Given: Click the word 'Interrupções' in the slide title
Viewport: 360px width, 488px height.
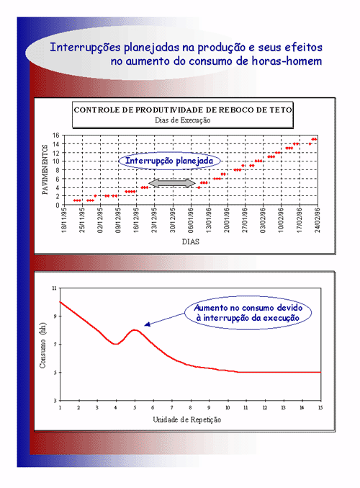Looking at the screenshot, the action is point(85,48).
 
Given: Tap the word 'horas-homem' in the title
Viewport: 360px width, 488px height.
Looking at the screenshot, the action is point(287,61).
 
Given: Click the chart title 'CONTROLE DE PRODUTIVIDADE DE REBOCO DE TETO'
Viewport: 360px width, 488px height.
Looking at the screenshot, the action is point(183,110).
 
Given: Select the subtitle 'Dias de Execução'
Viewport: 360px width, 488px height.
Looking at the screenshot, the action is point(183,120).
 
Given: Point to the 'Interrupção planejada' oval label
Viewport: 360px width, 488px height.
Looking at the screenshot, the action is point(169,161).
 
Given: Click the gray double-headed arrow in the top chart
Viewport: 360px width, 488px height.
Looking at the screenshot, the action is point(172,183).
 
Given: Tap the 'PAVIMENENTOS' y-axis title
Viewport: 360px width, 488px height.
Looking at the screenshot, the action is point(45,169).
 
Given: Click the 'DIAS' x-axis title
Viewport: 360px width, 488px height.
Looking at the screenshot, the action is point(191,241).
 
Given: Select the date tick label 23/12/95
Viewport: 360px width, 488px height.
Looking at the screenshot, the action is point(154,220).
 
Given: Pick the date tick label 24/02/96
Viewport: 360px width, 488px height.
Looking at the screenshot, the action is point(318,220).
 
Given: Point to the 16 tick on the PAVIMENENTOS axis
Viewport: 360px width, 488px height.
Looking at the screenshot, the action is point(56,136).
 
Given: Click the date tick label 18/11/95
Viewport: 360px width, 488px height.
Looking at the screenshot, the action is point(64,220).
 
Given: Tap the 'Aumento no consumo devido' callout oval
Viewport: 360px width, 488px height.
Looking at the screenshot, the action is point(248,312).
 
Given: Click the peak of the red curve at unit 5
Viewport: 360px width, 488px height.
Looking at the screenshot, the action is point(135,330).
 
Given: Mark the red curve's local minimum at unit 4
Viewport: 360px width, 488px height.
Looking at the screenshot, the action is point(116,344).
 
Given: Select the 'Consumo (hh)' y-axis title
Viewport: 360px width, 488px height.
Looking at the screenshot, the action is point(42,345).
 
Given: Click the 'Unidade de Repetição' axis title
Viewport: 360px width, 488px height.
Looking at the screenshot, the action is point(186,420).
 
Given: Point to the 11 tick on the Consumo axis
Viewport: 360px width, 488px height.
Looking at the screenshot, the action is point(54,288).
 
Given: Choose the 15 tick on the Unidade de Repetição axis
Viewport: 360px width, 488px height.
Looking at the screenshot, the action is point(320,407).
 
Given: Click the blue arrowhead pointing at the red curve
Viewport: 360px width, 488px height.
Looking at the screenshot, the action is point(148,324).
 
